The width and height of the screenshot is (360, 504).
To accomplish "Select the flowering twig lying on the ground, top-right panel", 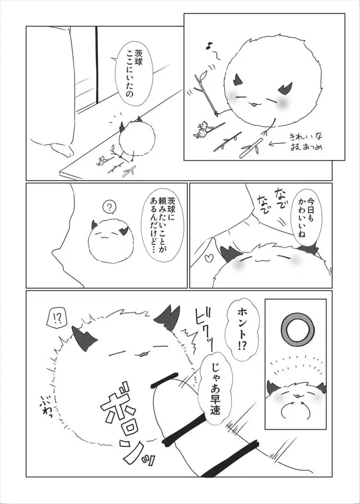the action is tap(207, 130).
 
